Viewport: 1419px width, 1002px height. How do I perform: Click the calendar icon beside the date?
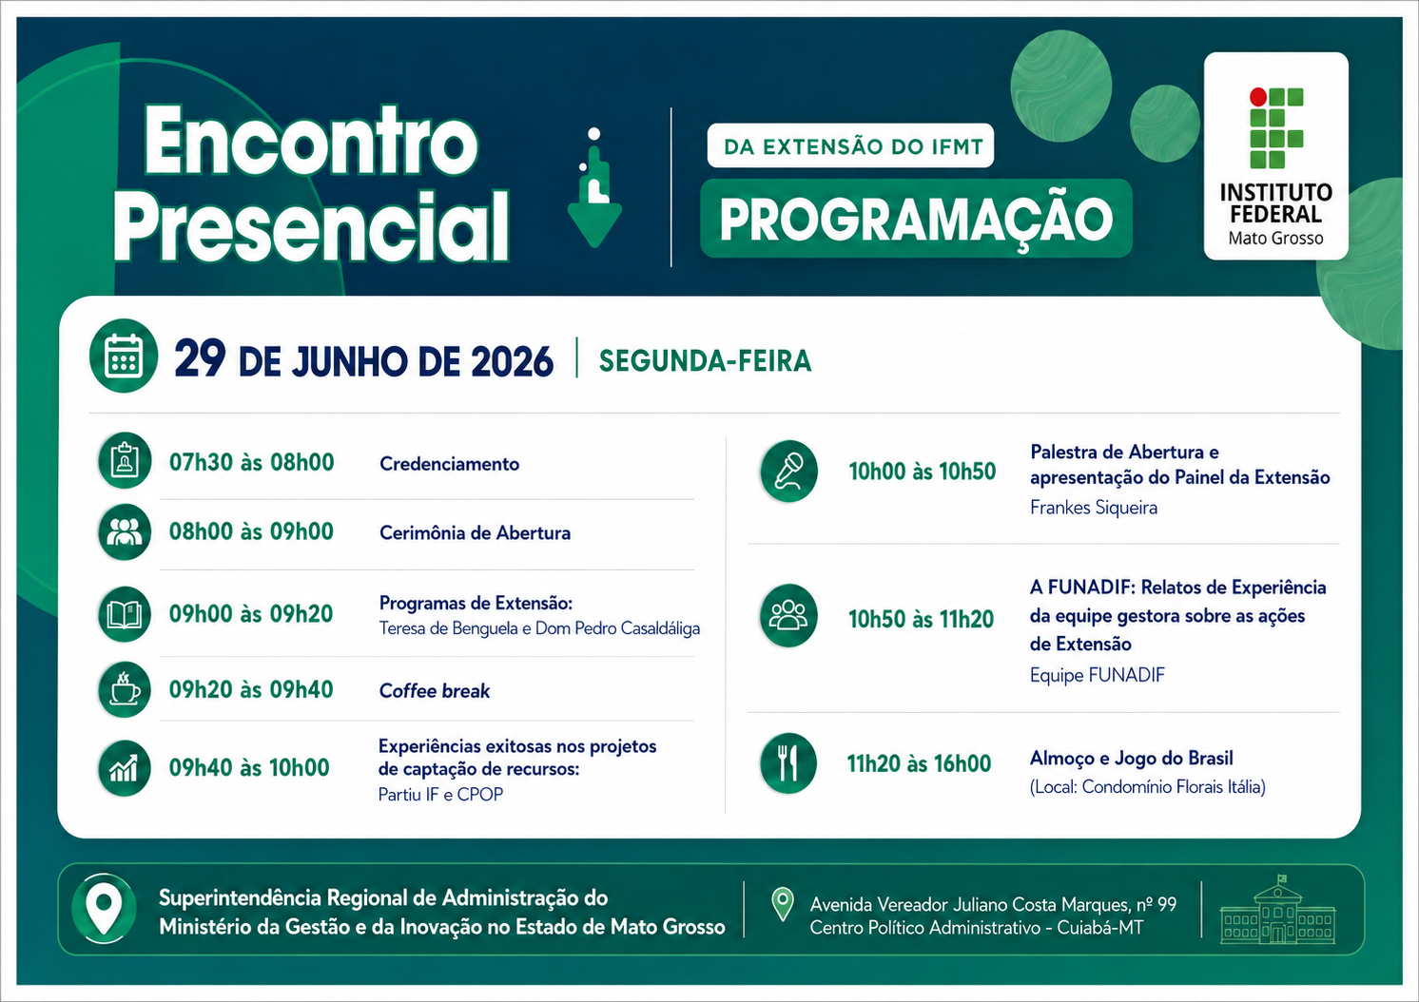click(124, 356)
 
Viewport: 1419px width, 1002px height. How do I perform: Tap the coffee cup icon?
click(125, 690)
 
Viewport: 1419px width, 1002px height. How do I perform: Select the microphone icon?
click(788, 472)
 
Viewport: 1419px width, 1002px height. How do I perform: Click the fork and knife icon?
click(788, 763)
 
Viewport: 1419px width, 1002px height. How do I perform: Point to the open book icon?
click(125, 614)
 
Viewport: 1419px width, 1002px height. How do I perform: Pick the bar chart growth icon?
click(125, 768)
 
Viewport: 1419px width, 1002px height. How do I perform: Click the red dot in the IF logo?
click(1258, 97)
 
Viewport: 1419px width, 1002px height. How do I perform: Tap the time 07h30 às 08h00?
click(251, 462)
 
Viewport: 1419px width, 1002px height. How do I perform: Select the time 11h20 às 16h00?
click(919, 763)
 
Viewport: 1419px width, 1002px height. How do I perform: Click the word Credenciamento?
click(449, 464)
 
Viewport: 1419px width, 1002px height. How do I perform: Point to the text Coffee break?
click(435, 690)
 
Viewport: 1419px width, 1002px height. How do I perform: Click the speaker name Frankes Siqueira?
click(1094, 508)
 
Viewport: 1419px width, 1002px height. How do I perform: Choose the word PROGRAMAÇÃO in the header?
click(916, 220)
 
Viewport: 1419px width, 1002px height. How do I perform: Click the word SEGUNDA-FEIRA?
click(705, 361)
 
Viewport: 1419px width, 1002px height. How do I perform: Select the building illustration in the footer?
click(1277, 910)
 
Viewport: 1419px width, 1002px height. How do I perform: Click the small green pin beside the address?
click(783, 904)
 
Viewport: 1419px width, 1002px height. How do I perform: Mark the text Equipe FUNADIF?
click(1098, 675)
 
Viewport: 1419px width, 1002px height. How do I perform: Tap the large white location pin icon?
click(104, 908)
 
